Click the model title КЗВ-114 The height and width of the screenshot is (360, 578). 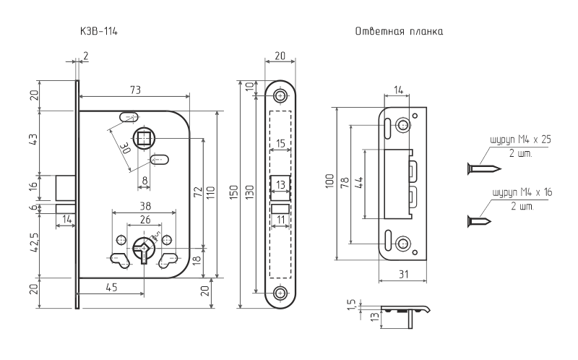(99, 31)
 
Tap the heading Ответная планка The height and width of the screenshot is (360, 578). (399, 31)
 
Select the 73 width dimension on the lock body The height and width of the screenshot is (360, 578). (135, 90)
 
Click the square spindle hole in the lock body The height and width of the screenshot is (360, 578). (143, 139)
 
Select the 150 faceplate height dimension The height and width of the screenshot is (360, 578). (234, 192)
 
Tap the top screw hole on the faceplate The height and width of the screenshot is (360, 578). (280, 96)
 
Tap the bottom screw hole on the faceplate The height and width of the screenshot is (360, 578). (280, 293)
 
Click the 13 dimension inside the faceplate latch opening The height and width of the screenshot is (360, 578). (280, 184)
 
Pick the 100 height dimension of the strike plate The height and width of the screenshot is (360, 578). (330, 181)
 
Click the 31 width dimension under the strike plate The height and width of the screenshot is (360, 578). (404, 275)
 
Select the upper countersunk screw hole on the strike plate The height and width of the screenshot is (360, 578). (402, 125)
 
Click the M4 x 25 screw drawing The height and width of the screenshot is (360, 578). (484, 169)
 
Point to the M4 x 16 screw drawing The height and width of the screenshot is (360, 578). (479, 221)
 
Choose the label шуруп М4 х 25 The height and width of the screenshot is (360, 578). (520, 140)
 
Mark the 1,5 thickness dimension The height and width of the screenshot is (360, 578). (351, 304)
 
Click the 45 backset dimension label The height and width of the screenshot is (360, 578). (111, 287)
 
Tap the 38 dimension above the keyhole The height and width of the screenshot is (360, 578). (145, 206)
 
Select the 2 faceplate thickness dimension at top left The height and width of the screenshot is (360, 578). (85, 56)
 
